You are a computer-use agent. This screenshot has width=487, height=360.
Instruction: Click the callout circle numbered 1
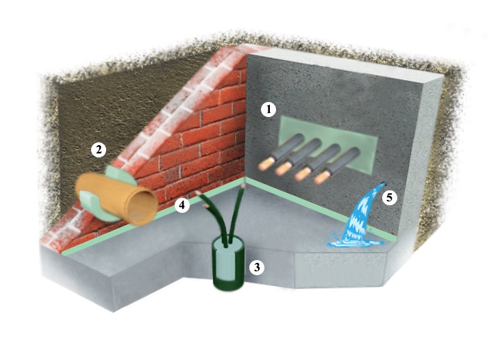(x=270, y=108)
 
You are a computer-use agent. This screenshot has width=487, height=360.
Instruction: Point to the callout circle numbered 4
(x=182, y=204)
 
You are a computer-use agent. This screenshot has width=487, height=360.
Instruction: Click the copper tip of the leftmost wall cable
(x=264, y=164)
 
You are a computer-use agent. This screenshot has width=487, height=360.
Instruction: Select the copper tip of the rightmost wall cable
(x=319, y=180)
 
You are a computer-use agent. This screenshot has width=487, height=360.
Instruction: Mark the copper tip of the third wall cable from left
(x=301, y=175)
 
